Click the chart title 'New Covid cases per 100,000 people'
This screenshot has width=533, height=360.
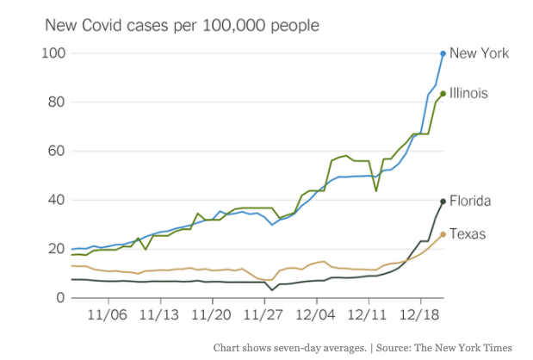pyautogui.click(x=182, y=25)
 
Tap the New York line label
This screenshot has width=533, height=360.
pyautogui.click(x=480, y=53)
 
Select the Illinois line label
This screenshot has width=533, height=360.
pyautogui.click(x=474, y=93)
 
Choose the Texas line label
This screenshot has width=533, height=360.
pyautogui.click(x=470, y=234)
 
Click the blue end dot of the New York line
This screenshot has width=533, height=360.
pyautogui.click(x=443, y=53)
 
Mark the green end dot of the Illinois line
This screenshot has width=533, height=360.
pyautogui.click(x=443, y=94)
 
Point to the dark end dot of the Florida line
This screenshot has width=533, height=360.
pyautogui.click(x=443, y=202)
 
